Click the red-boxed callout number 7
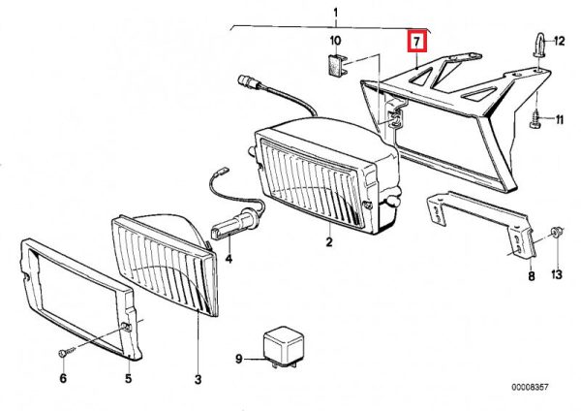click(416, 42)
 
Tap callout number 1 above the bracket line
click(336, 14)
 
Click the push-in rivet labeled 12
click(538, 45)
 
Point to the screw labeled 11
click(535, 119)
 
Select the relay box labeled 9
click(283, 347)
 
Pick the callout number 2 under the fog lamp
click(329, 242)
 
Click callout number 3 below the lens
click(198, 379)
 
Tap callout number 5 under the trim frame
click(128, 379)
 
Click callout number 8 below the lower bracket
click(532, 275)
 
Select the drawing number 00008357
click(530, 388)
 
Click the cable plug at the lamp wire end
click(249, 82)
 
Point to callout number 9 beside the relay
click(239, 359)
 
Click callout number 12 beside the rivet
click(559, 41)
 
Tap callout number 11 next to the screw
click(559, 119)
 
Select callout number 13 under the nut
click(557, 274)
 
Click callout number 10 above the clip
click(335, 41)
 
